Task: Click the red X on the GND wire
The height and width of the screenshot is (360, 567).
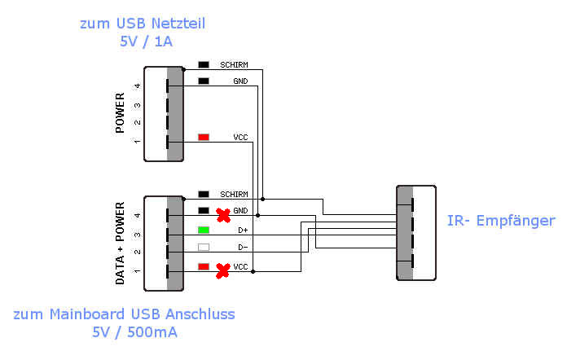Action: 223,215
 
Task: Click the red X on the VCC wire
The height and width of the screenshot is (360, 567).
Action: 223,270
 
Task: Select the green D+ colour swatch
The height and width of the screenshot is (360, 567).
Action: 204,230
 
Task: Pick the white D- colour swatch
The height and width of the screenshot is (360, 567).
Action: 204,248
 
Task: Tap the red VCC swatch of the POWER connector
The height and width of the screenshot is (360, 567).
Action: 204,137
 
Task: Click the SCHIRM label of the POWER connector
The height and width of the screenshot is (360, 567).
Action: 234,65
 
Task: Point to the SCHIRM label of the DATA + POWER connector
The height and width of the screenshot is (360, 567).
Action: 234,195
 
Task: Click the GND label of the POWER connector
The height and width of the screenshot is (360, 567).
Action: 240,81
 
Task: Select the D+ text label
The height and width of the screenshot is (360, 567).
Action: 243,230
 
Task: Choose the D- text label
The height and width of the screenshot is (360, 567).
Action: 243,248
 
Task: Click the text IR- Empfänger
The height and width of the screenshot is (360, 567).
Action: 501,221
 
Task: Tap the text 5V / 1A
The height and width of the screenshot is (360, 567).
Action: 146,42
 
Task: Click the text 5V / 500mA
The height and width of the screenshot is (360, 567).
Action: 134,332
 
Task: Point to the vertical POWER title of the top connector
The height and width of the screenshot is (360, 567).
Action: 120,112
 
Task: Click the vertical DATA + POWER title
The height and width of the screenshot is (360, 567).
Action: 120,244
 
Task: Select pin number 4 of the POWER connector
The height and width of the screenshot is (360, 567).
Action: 137,86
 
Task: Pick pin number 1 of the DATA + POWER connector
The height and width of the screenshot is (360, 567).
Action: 137,271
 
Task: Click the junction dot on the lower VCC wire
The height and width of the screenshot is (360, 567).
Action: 253,271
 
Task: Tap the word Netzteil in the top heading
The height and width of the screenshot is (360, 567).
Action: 178,24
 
